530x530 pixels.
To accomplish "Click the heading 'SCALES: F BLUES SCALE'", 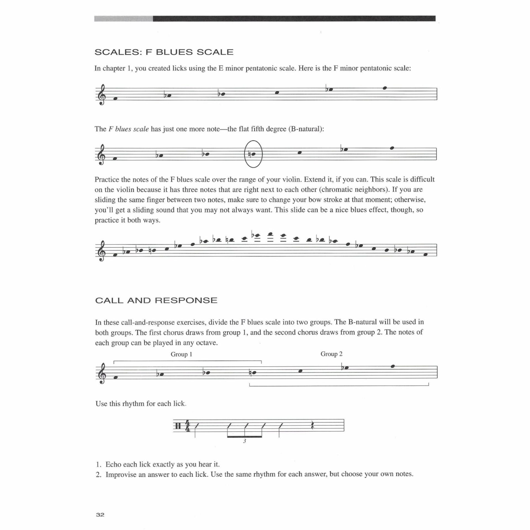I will click(164, 52).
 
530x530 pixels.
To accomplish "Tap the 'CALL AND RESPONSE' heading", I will click(156, 300).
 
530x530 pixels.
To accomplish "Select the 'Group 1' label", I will click(181, 354).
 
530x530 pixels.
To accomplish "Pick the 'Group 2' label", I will click(331, 354).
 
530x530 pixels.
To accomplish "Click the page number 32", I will click(100, 515).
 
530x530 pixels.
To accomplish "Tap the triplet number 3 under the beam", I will click(245, 441).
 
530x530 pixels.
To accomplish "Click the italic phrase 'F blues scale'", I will click(129, 129).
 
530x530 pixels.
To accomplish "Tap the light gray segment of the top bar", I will click(123, 19).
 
